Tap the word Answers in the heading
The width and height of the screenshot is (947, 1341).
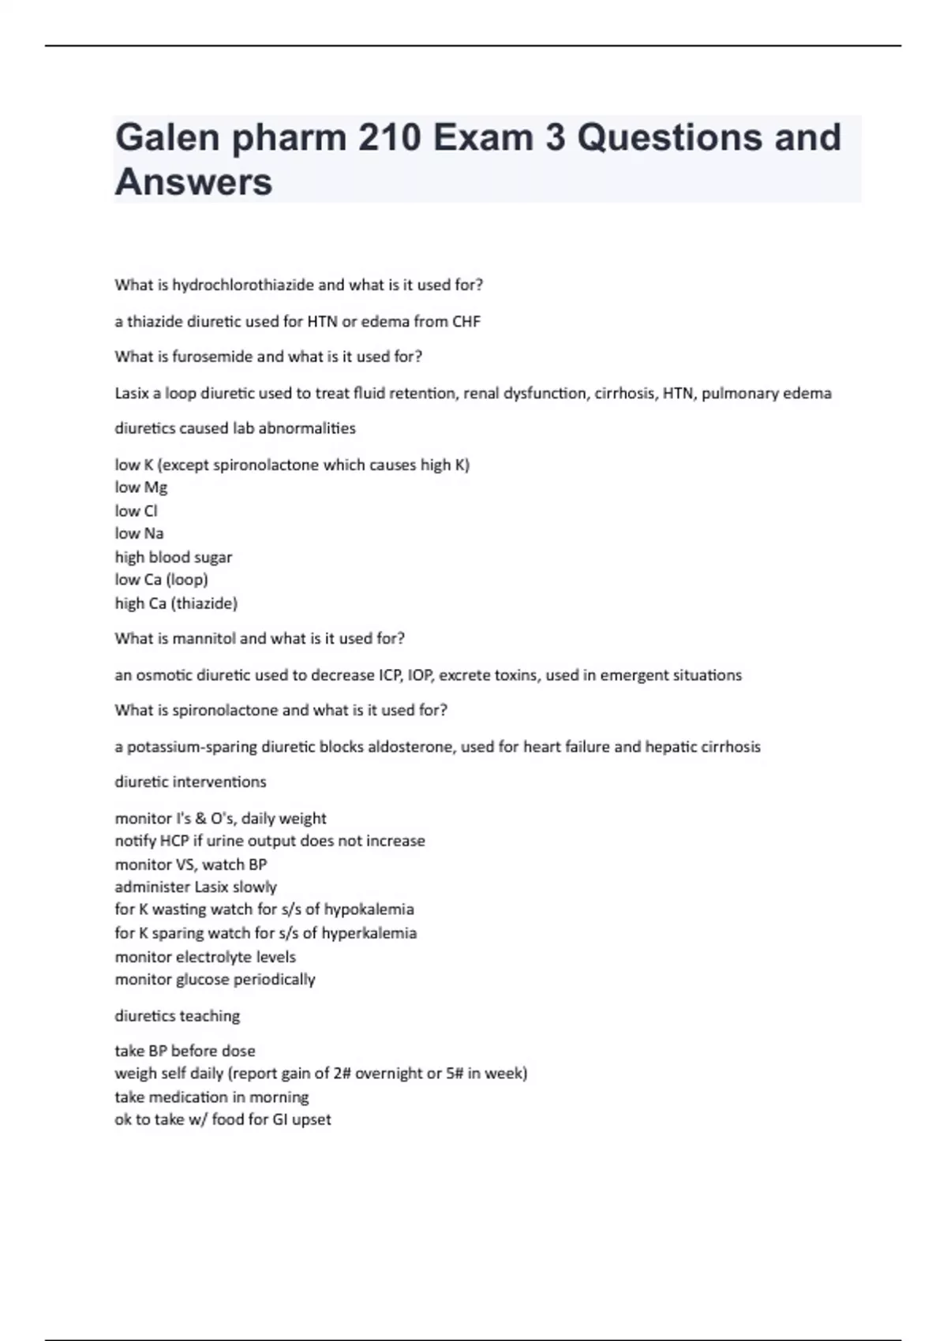193,181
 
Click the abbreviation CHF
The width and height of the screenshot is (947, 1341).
466,321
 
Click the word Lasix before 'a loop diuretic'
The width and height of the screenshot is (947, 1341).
132,393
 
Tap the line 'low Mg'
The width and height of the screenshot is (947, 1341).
141,487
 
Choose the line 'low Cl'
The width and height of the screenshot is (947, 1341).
136,510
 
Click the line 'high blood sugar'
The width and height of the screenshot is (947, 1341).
174,557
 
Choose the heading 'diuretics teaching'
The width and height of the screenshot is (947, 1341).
178,1016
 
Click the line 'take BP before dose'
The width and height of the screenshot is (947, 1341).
185,1051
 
